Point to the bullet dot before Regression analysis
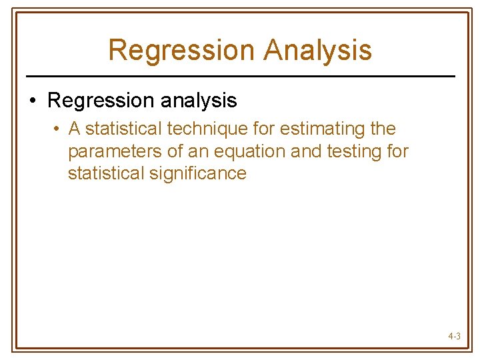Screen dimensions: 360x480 pyautogui.click(x=32, y=101)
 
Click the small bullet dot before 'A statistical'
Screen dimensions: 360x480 pyautogui.click(x=59, y=129)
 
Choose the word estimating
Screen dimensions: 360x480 pyautogui.click(x=317, y=129)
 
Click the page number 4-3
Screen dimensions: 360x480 pyautogui.click(x=454, y=337)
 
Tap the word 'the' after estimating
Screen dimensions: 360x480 pyautogui.click(x=382, y=129)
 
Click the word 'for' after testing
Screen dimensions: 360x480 pyautogui.click(x=397, y=151)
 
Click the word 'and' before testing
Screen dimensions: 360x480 pyautogui.click(x=306, y=151)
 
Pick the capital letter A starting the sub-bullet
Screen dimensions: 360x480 pyautogui.click(x=75, y=129)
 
